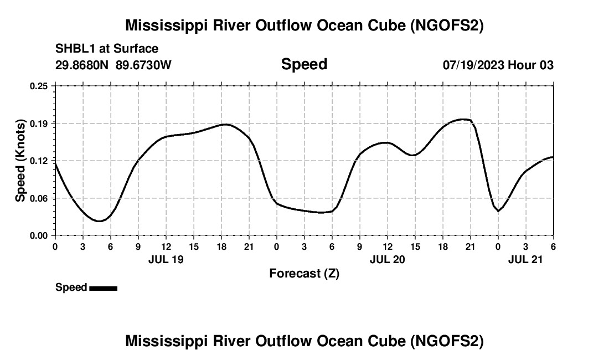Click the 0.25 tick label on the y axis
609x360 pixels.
(x=39, y=86)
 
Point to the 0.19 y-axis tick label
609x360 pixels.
(x=39, y=123)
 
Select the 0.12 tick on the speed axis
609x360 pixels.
(x=39, y=161)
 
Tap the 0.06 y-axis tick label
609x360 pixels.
(x=39, y=198)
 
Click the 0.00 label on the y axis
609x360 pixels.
(x=39, y=235)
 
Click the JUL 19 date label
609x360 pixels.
(x=166, y=259)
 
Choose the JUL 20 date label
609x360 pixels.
(x=387, y=259)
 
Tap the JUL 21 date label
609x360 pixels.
(x=525, y=259)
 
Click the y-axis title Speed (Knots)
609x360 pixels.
(x=20, y=160)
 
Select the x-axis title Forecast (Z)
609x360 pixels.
(x=304, y=273)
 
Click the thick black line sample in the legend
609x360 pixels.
(x=103, y=288)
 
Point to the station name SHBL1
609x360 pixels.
(x=74, y=49)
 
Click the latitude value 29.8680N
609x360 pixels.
(x=82, y=65)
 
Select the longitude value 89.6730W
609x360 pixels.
(x=144, y=65)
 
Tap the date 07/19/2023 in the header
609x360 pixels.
(x=473, y=65)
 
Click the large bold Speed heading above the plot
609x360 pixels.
(x=304, y=64)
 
